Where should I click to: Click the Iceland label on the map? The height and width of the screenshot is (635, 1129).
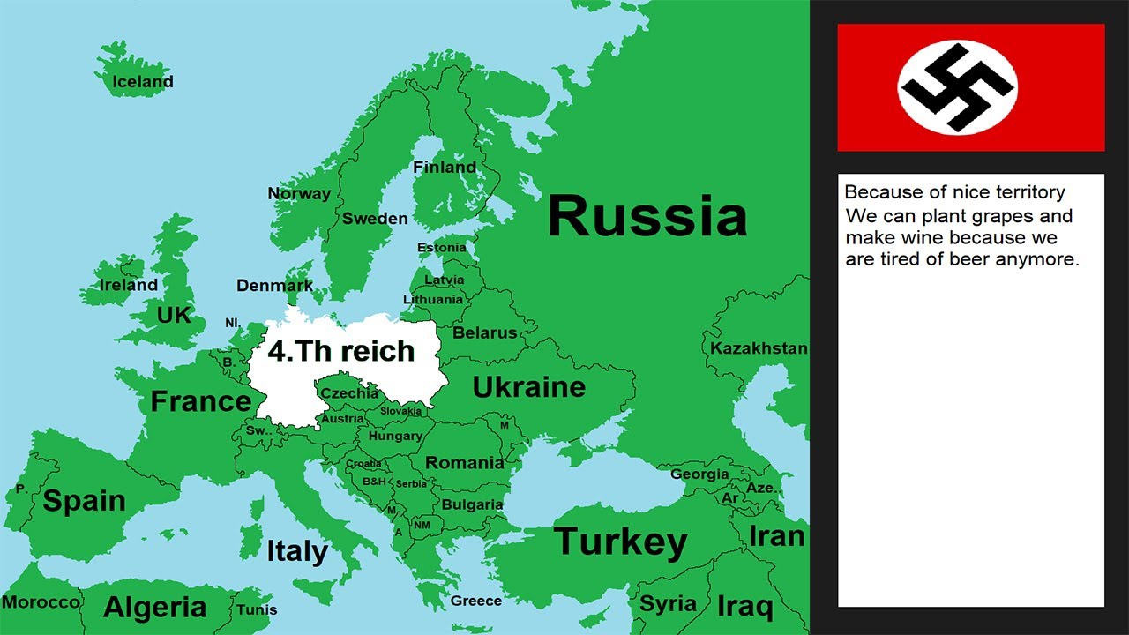143,82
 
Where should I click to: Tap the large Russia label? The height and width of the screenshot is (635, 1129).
647,217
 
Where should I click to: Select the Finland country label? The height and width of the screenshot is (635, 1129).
445,167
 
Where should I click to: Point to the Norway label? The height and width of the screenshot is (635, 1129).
299,193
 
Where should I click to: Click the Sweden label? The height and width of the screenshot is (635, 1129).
375,219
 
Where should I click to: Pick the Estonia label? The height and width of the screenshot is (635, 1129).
441,248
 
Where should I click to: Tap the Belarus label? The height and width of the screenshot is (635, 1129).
484,333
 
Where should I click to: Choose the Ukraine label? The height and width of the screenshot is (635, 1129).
529,386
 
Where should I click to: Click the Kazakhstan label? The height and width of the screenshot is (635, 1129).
759,348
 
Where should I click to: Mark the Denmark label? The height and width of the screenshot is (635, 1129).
274,286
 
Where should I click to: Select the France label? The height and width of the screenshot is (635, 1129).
201,401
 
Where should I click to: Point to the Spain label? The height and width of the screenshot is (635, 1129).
84,501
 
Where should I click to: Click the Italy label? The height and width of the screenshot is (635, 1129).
297,552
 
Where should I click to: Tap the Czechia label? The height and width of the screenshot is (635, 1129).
349,393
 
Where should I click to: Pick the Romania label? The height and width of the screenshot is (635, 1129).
465,463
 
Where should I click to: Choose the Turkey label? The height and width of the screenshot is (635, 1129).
620,542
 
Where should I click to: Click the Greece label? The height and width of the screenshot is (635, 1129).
476,601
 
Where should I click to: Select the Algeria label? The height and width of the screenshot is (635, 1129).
155,608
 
